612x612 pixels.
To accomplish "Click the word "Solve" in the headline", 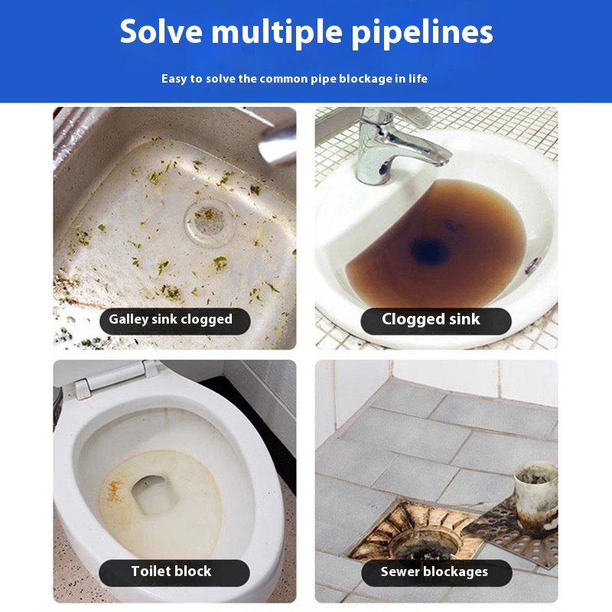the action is (161, 31).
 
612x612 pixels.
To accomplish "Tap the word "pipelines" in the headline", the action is (422, 33).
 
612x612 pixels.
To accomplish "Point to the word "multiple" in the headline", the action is (277, 33).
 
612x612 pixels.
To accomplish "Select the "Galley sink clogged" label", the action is (175, 321).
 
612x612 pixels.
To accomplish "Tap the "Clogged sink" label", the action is (436, 321).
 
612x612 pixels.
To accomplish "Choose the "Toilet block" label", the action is (174, 572).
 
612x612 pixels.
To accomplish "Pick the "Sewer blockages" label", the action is (437, 572).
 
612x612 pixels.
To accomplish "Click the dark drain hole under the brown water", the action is (428, 251).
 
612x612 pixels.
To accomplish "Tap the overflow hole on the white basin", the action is (532, 265).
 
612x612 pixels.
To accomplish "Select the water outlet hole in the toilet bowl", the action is (152, 494).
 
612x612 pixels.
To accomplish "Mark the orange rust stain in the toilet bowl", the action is (114, 491).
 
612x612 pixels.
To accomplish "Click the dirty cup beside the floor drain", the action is (535, 496).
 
